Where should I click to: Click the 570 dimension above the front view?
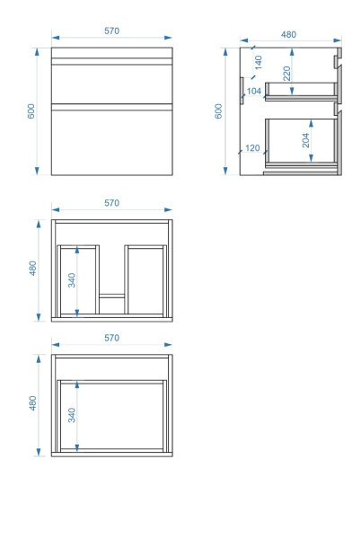(x=111, y=31)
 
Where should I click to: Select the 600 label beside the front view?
(x=31, y=111)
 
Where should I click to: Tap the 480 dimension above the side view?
(x=288, y=35)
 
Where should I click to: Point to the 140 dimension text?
(x=259, y=63)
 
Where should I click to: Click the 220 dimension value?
(x=286, y=74)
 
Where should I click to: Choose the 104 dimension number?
(x=254, y=91)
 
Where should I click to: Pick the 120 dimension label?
(x=252, y=148)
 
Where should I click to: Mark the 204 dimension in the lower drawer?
(x=305, y=140)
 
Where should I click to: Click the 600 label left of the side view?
(x=218, y=111)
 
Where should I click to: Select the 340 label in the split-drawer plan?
(x=72, y=280)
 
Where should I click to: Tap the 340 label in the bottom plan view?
(x=72, y=415)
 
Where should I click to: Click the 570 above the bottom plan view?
(x=111, y=338)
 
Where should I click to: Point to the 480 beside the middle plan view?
(x=32, y=268)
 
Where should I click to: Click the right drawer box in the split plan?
(x=145, y=279)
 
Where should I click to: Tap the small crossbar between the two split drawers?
(x=112, y=296)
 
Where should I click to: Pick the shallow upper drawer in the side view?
(x=301, y=92)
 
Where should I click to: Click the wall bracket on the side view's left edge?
(x=242, y=91)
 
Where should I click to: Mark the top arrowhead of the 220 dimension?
(x=292, y=52)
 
